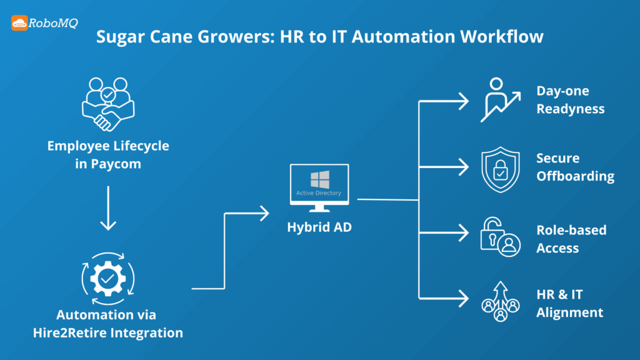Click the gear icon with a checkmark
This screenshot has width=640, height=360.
click(x=108, y=275)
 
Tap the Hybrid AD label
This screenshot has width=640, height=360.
click(x=319, y=227)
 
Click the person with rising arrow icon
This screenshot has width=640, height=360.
click(x=500, y=100)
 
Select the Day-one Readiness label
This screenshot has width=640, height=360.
click(x=570, y=100)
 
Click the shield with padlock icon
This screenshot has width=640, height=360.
click(x=500, y=168)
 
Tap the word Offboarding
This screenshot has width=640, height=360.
click(x=575, y=177)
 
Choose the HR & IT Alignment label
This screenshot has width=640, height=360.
click(x=569, y=303)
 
